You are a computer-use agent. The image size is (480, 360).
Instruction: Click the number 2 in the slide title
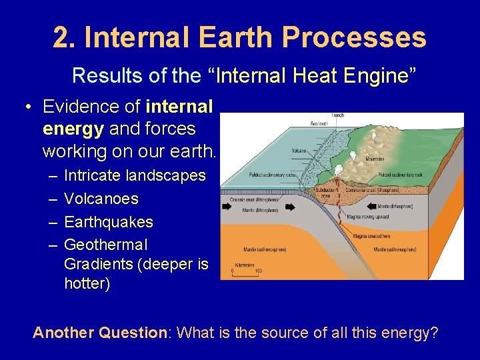click(63, 37)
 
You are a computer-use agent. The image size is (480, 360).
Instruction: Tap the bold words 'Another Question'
click(99, 332)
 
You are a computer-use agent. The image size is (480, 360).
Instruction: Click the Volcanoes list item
click(101, 199)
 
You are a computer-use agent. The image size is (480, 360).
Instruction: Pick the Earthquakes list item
click(109, 221)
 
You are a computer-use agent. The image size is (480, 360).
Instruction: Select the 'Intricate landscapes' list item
click(135, 176)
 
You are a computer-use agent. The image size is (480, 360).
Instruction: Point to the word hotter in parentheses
click(86, 283)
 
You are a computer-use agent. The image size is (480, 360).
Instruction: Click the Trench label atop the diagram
click(338, 116)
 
